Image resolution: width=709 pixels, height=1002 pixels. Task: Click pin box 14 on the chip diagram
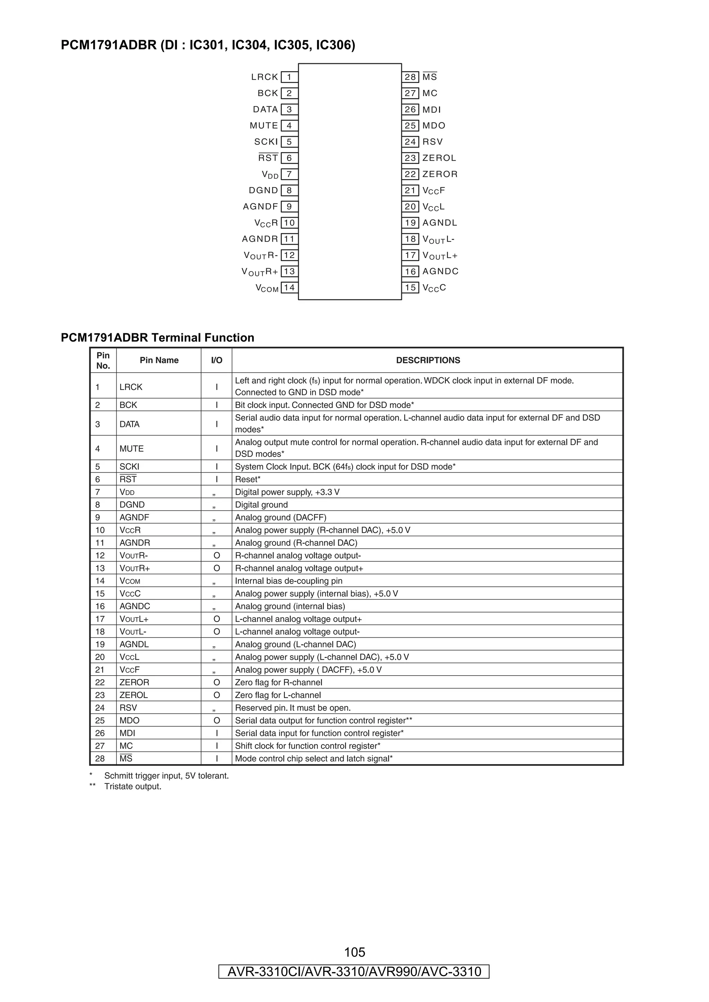tap(289, 288)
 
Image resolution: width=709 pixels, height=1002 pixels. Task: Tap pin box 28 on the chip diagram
tap(410, 77)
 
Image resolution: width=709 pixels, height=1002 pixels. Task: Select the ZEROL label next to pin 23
tap(439, 158)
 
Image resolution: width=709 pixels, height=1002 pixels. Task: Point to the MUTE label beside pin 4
tap(264, 126)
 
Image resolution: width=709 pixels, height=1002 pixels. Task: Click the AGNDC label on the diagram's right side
tap(440, 271)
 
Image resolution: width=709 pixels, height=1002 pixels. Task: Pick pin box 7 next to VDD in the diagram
tap(289, 174)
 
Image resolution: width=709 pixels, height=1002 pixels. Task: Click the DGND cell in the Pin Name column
tap(132, 505)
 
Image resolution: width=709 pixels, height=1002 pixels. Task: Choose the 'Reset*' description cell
tap(248, 480)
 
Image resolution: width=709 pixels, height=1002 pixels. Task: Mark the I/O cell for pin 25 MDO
tap(217, 721)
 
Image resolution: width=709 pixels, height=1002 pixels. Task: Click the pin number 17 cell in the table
tap(100, 619)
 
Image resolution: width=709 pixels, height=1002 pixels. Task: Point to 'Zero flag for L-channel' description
tap(278, 695)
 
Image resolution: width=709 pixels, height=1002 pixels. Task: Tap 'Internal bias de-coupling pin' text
tap(288, 581)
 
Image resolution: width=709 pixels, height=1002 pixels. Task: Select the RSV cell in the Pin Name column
tap(128, 708)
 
